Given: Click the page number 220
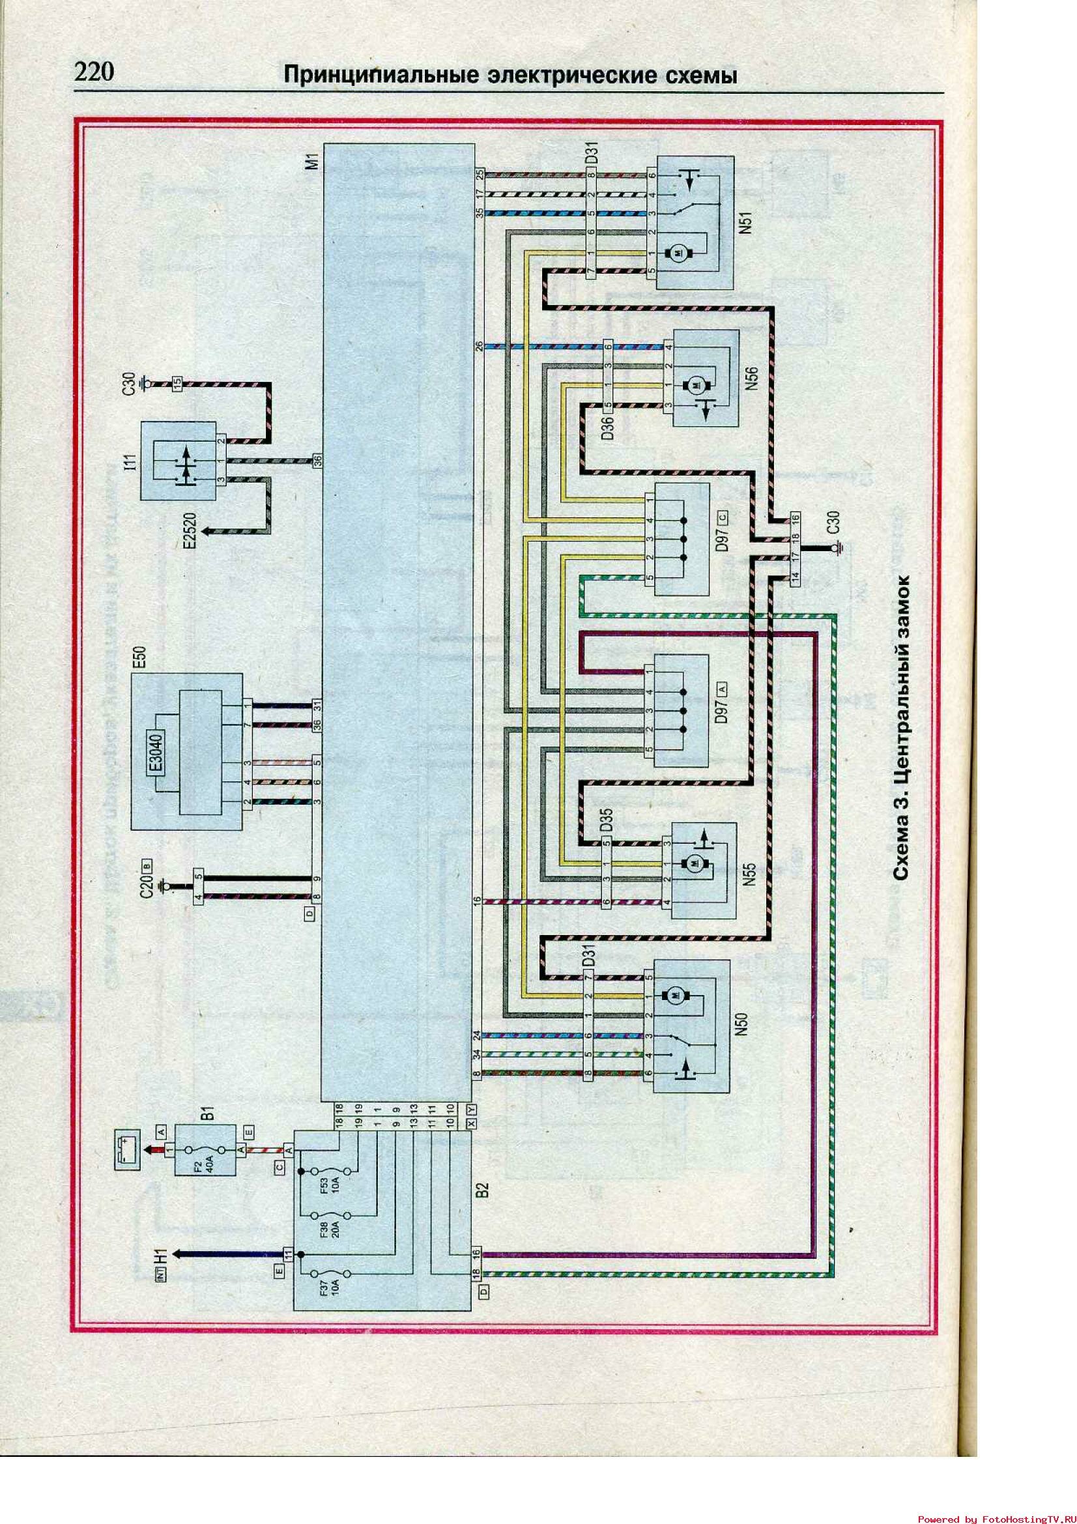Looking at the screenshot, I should [95, 72].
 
